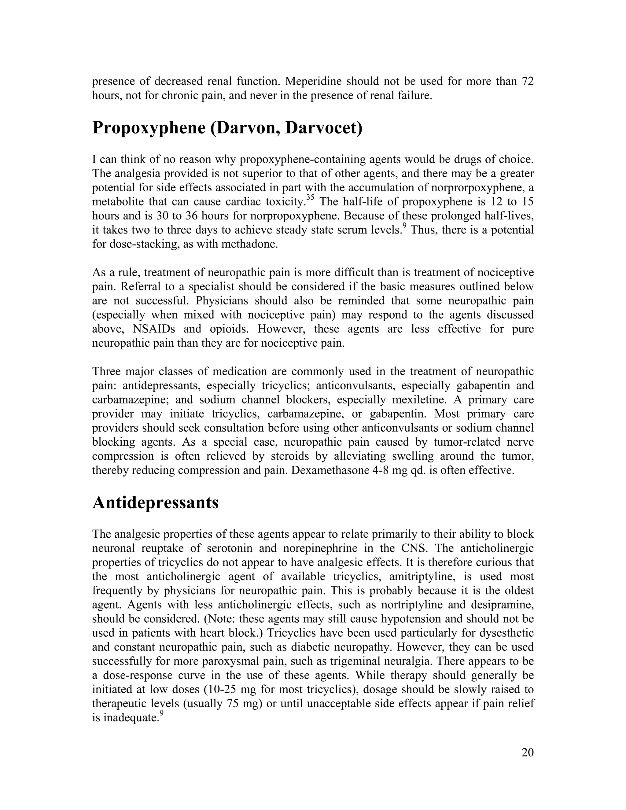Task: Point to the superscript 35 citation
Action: click(x=311, y=198)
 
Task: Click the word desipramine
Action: click(x=502, y=605)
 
